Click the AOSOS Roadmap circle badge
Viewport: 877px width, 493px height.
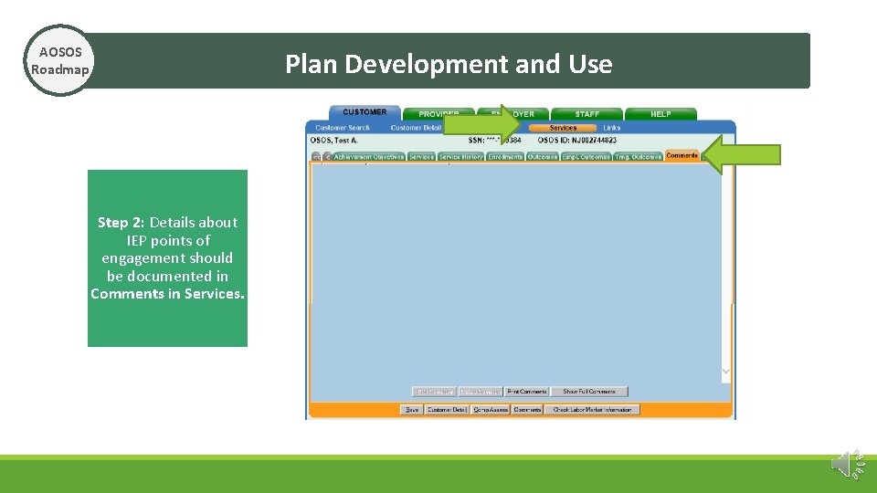pos(59,61)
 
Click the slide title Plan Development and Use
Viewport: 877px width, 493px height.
pos(449,64)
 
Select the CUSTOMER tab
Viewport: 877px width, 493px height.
pos(365,112)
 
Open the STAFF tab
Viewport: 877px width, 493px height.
pos(586,114)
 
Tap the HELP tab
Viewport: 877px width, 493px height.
pos(660,114)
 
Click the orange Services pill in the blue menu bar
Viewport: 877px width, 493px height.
pos(563,128)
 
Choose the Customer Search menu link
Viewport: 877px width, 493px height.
pos(343,128)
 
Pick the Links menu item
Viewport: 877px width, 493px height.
pos(612,128)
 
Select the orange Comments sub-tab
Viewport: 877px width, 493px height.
pos(682,156)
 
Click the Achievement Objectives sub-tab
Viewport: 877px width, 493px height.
pos(368,157)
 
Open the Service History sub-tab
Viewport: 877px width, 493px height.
pos(460,157)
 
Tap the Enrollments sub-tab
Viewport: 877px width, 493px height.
pos(505,157)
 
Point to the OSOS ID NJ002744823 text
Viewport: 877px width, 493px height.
pos(576,140)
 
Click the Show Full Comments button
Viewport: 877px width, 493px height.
pos(589,392)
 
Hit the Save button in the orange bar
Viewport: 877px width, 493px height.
pos(412,410)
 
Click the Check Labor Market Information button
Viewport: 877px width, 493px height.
pos(592,410)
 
